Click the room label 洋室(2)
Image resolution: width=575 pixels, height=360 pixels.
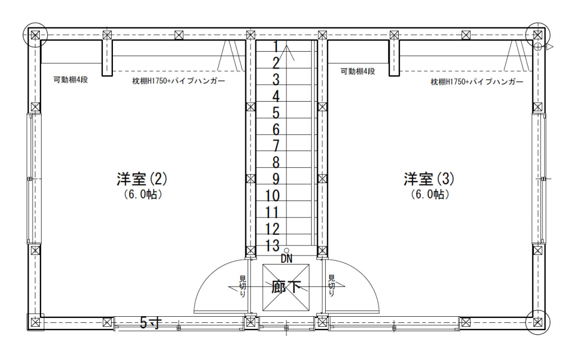(x=142, y=179)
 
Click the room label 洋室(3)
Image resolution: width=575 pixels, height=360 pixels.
(x=428, y=179)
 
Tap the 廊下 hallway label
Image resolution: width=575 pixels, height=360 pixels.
(x=286, y=287)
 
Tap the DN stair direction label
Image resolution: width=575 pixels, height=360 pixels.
(x=286, y=259)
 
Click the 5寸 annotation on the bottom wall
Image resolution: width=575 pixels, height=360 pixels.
(x=150, y=322)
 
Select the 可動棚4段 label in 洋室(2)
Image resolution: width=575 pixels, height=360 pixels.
(x=70, y=79)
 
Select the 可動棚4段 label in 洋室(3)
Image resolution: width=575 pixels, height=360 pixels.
(x=357, y=71)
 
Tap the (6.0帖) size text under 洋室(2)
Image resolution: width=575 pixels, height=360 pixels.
(x=142, y=195)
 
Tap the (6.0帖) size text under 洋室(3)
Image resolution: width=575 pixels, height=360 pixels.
(x=428, y=195)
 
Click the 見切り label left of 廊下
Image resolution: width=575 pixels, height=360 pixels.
(x=243, y=286)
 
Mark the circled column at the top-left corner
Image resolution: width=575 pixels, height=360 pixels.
(x=35, y=35)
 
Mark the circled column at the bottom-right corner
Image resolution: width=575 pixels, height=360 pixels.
(x=538, y=322)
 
